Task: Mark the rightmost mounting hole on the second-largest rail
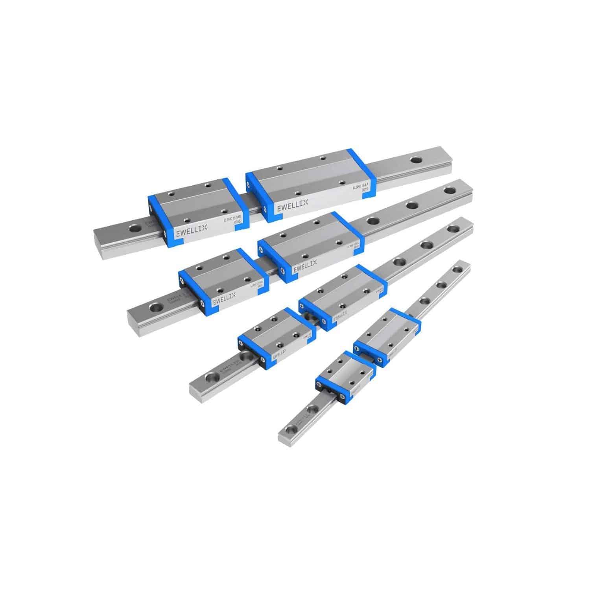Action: click(x=449, y=191)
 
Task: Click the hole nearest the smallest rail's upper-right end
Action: click(x=457, y=269)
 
